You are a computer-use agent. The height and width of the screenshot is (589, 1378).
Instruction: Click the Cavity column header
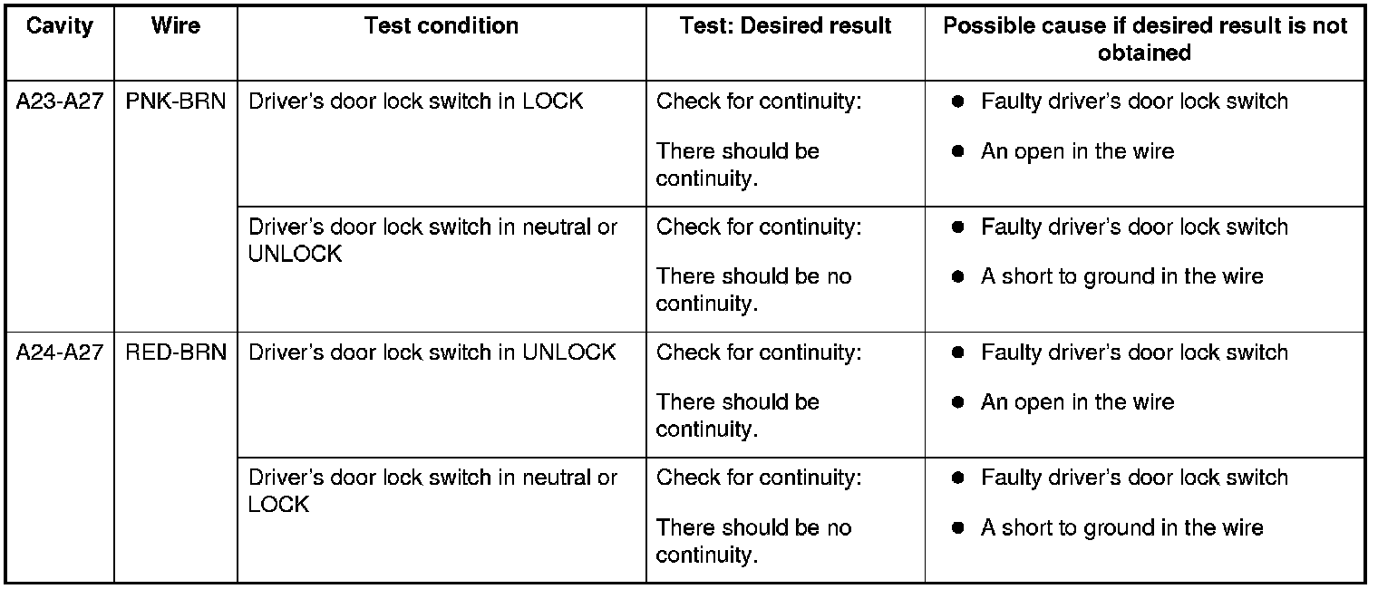point(60,26)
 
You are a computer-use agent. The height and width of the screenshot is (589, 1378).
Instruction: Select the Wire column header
point(176,26)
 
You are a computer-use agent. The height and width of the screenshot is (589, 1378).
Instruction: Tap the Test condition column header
point(441,26)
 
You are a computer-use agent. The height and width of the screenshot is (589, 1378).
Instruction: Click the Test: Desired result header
point(785,26)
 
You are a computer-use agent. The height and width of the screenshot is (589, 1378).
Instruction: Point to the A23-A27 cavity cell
point(60,101)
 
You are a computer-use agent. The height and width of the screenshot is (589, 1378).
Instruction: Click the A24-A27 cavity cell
point(60,352)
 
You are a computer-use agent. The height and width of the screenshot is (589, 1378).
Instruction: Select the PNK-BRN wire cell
point(176,101)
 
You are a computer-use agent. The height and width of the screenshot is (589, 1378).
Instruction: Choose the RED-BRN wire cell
point(176,352)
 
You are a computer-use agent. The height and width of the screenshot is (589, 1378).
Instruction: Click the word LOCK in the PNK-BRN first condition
point(553,101)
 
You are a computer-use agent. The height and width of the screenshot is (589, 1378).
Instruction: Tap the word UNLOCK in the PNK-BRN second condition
point(295,255)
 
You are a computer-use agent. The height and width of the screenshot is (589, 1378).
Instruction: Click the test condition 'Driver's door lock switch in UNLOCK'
point(432,352)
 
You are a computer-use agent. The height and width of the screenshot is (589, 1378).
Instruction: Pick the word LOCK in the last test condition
point(278,505)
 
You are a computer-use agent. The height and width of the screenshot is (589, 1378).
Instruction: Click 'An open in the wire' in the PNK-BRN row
point(1077,151)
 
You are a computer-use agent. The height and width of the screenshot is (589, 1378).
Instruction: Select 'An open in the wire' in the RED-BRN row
point(1077,402)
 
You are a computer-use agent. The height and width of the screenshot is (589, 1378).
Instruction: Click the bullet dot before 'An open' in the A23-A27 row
point(957,152)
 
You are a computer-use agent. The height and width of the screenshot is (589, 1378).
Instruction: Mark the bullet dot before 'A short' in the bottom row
point(957,528)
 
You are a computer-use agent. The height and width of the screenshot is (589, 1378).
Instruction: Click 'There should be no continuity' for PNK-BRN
point(753,290)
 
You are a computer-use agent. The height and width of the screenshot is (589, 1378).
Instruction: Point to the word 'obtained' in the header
point(1144,53)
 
